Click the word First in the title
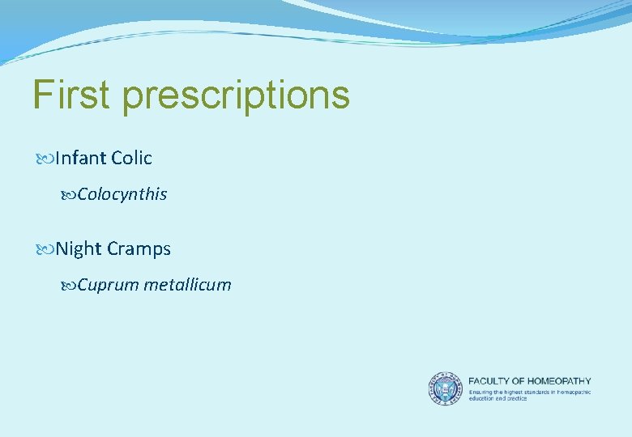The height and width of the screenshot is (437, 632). pyautogui.click(x=70, y=95)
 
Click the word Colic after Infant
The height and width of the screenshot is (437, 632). pyautogui.click(x=132, y=158)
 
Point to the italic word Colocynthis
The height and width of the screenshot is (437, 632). pyautogui.click(x=122, y=194)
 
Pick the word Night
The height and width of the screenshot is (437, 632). pyautogui.click(x=79, y=249)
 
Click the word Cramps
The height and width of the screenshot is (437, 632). pyautogui.click(x=139, y=250)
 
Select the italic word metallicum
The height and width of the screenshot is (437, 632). pyautogui.click(x=187, y=285)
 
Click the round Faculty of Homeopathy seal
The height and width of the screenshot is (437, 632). pyautogui.click(x=444, y=388)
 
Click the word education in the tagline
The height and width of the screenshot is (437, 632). pyautogui.click(x=483, y=398)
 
